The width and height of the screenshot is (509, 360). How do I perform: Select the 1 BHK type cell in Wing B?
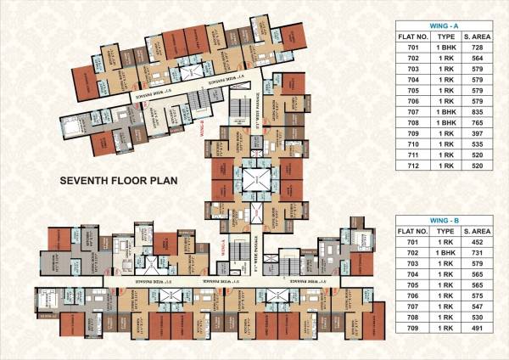coord(443,254)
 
